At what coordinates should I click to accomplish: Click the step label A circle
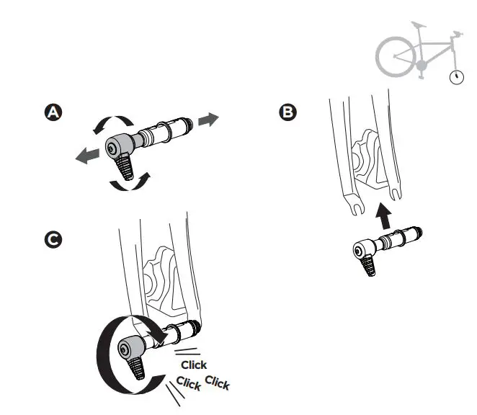click(53, 113)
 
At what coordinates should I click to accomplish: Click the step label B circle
click(287, 113)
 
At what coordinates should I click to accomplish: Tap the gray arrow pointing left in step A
click(89, 153)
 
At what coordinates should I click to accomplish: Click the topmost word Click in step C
click(194, 365)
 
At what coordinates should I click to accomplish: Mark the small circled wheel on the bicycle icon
click(456, 76)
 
